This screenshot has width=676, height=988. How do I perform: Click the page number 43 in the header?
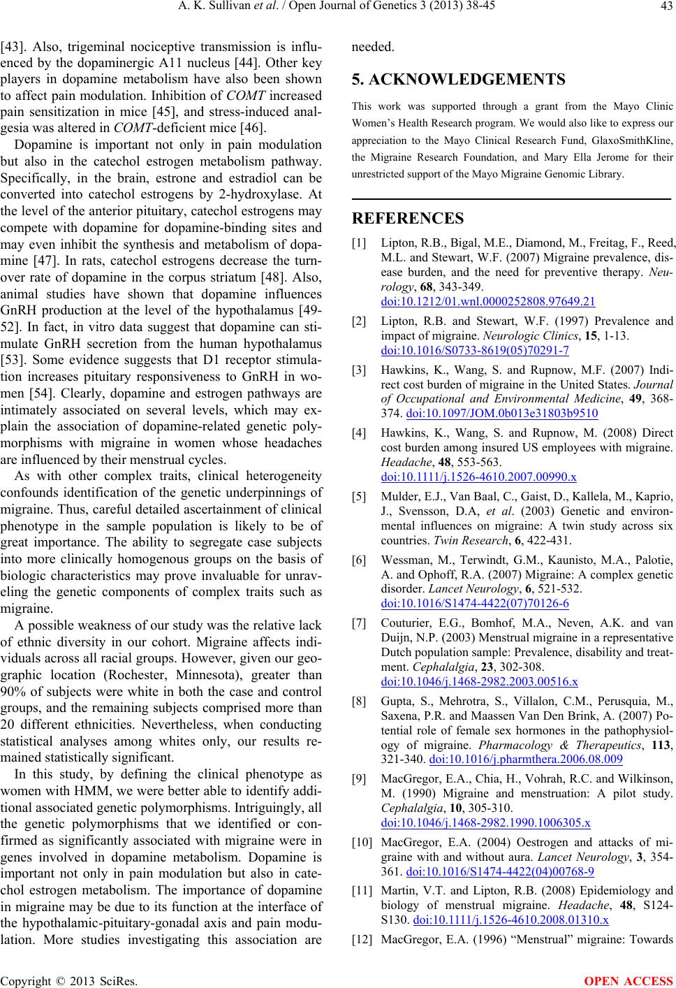pos(665,8)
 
